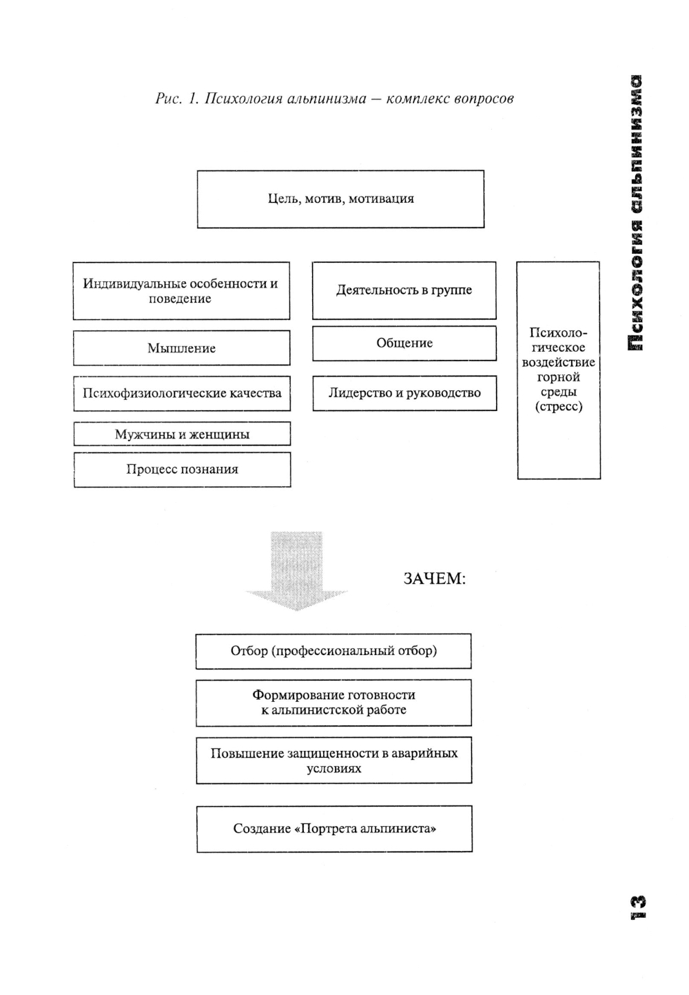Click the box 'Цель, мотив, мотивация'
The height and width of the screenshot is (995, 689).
coord(340,199)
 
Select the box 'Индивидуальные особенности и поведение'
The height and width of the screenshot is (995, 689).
coord(181,291)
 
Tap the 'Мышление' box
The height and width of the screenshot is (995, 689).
coord(181,348)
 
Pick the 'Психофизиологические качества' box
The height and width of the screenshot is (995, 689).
coord(182,393)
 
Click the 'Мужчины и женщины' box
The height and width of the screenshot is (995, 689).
coord(182,434)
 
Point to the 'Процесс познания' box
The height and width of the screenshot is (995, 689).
coord(182,470)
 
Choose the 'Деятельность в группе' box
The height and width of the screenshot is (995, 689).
coord(404,290)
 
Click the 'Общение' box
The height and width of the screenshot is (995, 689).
coord(404,343)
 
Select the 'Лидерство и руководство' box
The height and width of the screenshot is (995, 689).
coord(404,393)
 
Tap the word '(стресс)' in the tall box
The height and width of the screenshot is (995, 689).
coord(558,407)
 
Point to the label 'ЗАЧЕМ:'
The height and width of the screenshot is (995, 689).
coord(434,579)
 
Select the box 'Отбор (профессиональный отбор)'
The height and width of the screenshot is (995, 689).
coord(333,651)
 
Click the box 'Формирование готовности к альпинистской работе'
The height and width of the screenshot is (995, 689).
coord(333,703)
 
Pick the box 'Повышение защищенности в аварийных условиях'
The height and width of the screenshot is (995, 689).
coord(333,761)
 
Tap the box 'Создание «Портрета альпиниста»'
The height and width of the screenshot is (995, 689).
coord(334,829)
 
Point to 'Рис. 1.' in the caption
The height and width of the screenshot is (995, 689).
coord(177,99)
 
